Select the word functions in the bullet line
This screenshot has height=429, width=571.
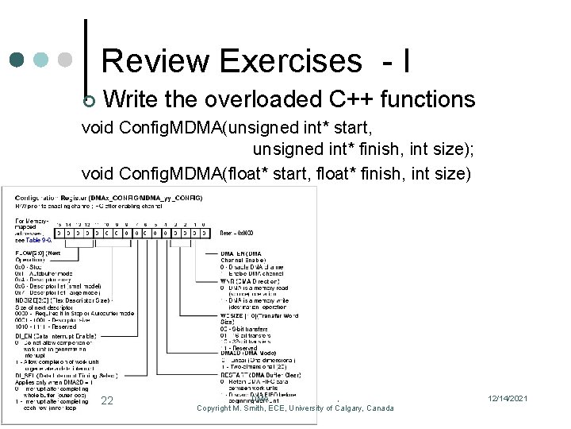[x=427, y=99]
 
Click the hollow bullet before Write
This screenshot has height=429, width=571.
[x=89, y=101]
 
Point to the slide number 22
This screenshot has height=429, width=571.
[x=108, y=401]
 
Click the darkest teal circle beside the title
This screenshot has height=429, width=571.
[x=17, y=60]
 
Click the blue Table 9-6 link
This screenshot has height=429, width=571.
[x=38, y=239]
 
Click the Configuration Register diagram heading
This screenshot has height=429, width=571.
[x=103, y=196]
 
